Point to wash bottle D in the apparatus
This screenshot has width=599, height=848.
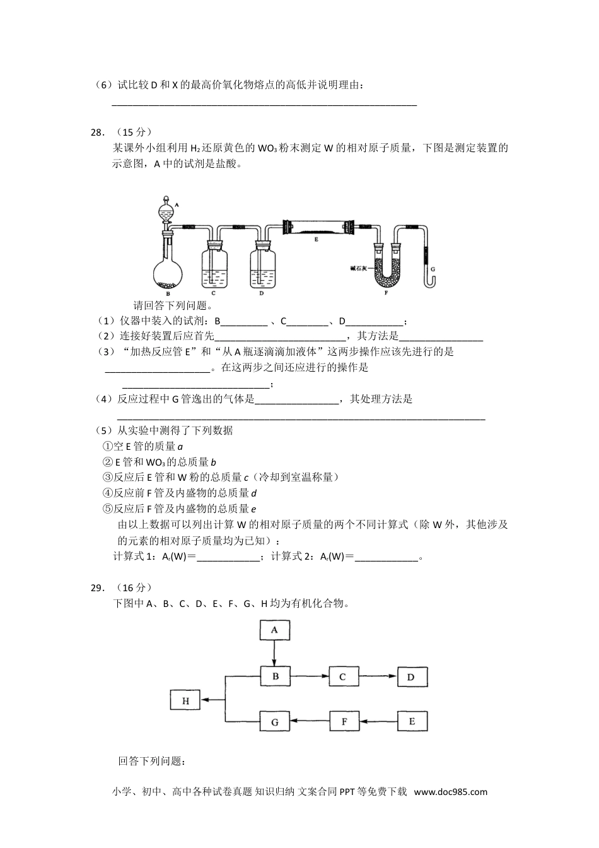(x=262, y=269)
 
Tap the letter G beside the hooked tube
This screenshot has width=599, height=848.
(x=433, y=269)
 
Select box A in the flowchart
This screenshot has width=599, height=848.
(x=274, y=630)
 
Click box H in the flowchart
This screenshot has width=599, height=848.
(x=185, y=700)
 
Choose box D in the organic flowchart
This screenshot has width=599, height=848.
(x=411, y=677)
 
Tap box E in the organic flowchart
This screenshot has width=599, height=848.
(x=411, y=722)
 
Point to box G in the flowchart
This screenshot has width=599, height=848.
(x=274, y=722)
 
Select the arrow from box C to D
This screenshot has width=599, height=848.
(x=377, y=677)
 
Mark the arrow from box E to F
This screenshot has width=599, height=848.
(x=377, y=722)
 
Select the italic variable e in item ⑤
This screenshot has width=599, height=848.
(x=253, y=509)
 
